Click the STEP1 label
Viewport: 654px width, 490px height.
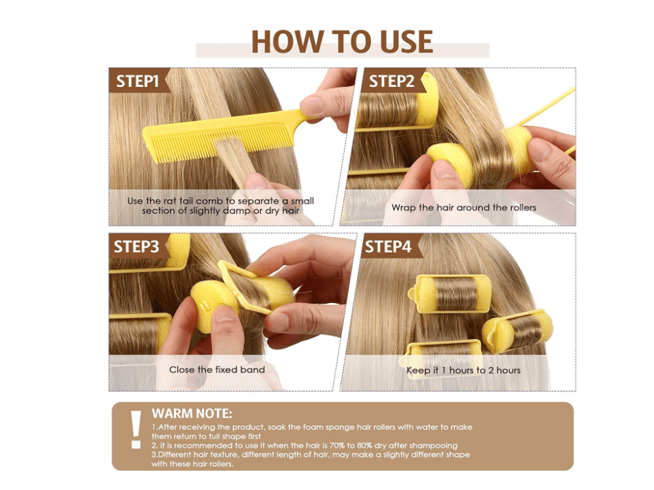click(x=137, y=81)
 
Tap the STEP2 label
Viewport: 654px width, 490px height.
click(x=392, y=81)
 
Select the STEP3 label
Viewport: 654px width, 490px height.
click(x=137, y=247)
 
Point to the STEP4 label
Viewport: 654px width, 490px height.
click(x=388, y=247)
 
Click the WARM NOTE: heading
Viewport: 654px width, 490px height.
click(x=192, y=413)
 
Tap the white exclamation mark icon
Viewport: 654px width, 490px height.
click(x=136, y=430)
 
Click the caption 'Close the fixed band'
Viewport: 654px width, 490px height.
click(x=217, y=370)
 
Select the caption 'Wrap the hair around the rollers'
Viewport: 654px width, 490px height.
click(x=464, y=207)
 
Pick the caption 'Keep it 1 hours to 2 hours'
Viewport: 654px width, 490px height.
click(x=464, y=370)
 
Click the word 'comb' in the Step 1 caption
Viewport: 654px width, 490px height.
click(x=211, y=200)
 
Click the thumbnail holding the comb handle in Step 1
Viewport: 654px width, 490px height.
click(x=311, y=104)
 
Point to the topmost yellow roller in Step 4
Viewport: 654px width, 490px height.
click(x=449, y=294)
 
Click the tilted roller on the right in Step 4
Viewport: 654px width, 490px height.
click(x=517, y=331)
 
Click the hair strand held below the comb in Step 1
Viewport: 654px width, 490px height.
click(x=235, y=158)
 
